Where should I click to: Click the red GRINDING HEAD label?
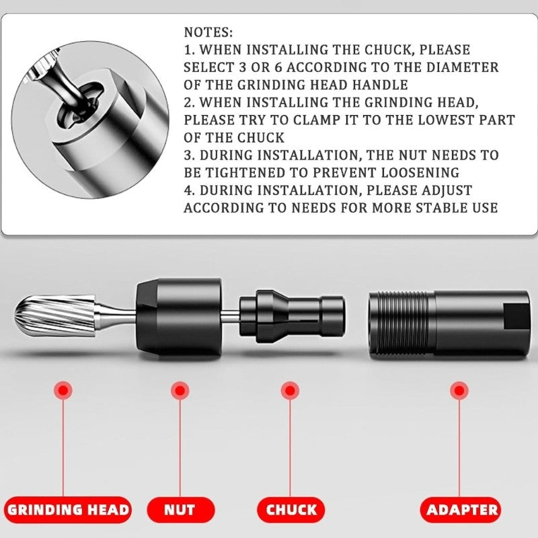point(68,509)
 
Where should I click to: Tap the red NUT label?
point(180,509)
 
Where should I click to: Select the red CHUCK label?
point(291,509)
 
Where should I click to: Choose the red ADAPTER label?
point(462,509)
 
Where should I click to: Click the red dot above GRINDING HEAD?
point(64,389)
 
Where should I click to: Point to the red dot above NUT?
point(179,389)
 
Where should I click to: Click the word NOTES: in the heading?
point(208,32)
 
